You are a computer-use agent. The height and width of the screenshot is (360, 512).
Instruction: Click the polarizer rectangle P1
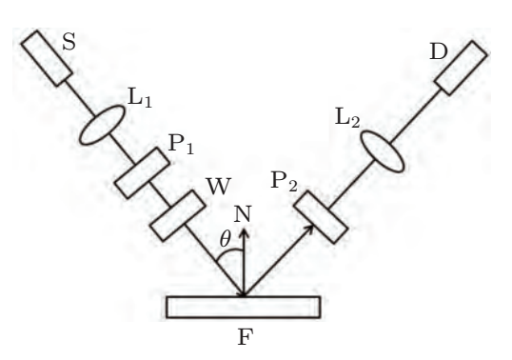click(142, 171)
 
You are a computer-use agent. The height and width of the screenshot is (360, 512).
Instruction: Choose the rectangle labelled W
click(177, 215)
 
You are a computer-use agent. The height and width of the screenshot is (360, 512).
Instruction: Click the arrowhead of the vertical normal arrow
click(244, 230)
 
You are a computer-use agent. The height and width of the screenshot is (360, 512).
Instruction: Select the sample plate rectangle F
click(242, 307)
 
